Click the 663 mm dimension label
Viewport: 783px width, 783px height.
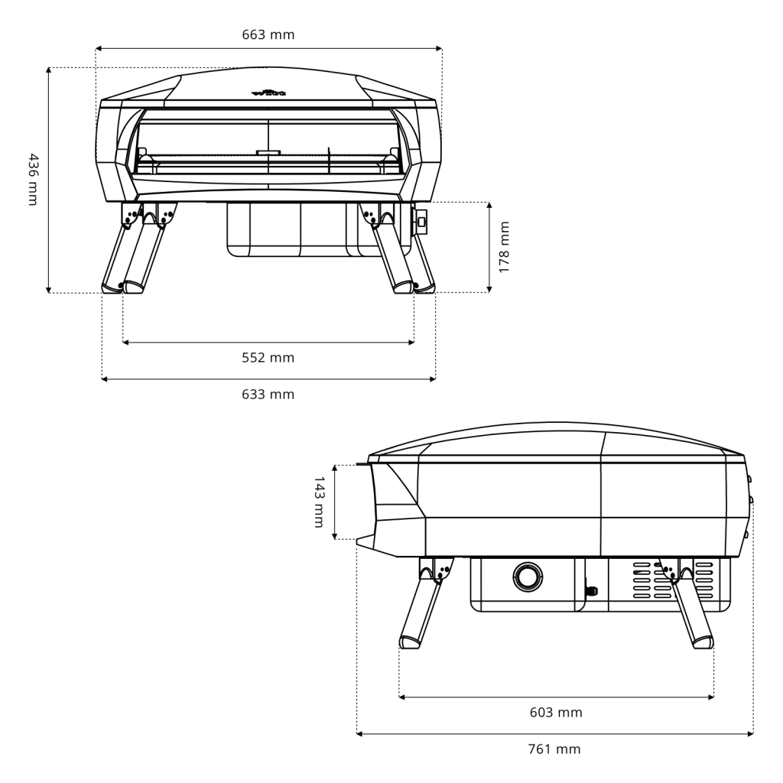[x=268, y=34]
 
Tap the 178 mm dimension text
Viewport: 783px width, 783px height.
[x=504, y=247]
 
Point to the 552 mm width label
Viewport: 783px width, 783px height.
[x=268, y=358]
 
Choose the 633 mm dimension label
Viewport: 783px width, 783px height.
[x=268, y=395]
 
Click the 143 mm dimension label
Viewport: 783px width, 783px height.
[x=319, y=502]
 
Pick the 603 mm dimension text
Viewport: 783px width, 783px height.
[x=556, y=713]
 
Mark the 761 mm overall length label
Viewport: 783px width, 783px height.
[x=554, y=749]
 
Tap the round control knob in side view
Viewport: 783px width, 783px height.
[x=526, y=576]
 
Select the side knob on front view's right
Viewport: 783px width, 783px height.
[x=421, y=221]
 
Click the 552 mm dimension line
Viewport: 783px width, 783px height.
[x=268, y=343]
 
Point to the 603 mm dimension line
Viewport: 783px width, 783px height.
[x=556, y=697]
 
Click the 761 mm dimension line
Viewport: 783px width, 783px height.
[x=554, y=734]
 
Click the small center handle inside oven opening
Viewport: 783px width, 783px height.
[x=268, y=152]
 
